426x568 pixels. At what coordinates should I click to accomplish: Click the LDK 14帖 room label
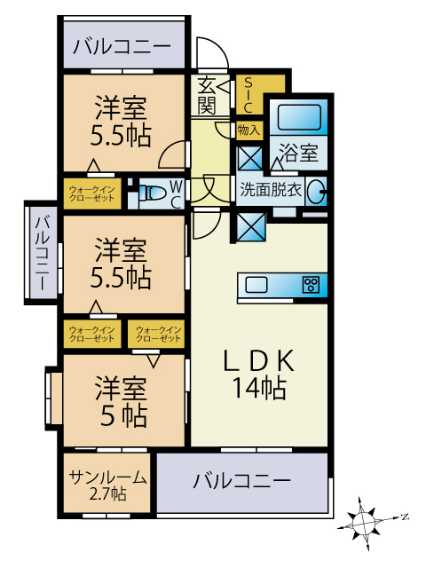258,375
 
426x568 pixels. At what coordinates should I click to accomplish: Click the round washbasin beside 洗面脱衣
314,192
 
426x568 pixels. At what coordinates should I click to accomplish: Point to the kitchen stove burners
312,284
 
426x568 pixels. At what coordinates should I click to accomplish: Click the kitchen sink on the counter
256,284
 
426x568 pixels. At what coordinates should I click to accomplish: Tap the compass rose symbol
364,523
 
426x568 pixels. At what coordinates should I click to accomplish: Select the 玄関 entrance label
207,96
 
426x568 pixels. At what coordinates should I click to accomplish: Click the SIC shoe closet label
248,95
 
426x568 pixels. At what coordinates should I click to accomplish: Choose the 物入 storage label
248,130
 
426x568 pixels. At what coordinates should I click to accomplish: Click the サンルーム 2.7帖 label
108,485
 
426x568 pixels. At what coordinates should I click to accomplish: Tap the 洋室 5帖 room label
121,402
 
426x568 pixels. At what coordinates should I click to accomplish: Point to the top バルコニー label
122,46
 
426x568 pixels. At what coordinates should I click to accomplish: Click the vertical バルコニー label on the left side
42,253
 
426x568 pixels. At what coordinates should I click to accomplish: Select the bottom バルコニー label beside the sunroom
241,481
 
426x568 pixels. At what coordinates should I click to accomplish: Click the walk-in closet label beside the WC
92,193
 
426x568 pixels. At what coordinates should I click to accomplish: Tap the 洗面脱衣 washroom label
271,189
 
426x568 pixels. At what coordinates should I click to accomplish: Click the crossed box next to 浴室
250,158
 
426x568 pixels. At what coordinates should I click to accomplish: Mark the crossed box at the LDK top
251,227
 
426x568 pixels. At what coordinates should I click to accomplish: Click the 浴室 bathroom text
299,153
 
